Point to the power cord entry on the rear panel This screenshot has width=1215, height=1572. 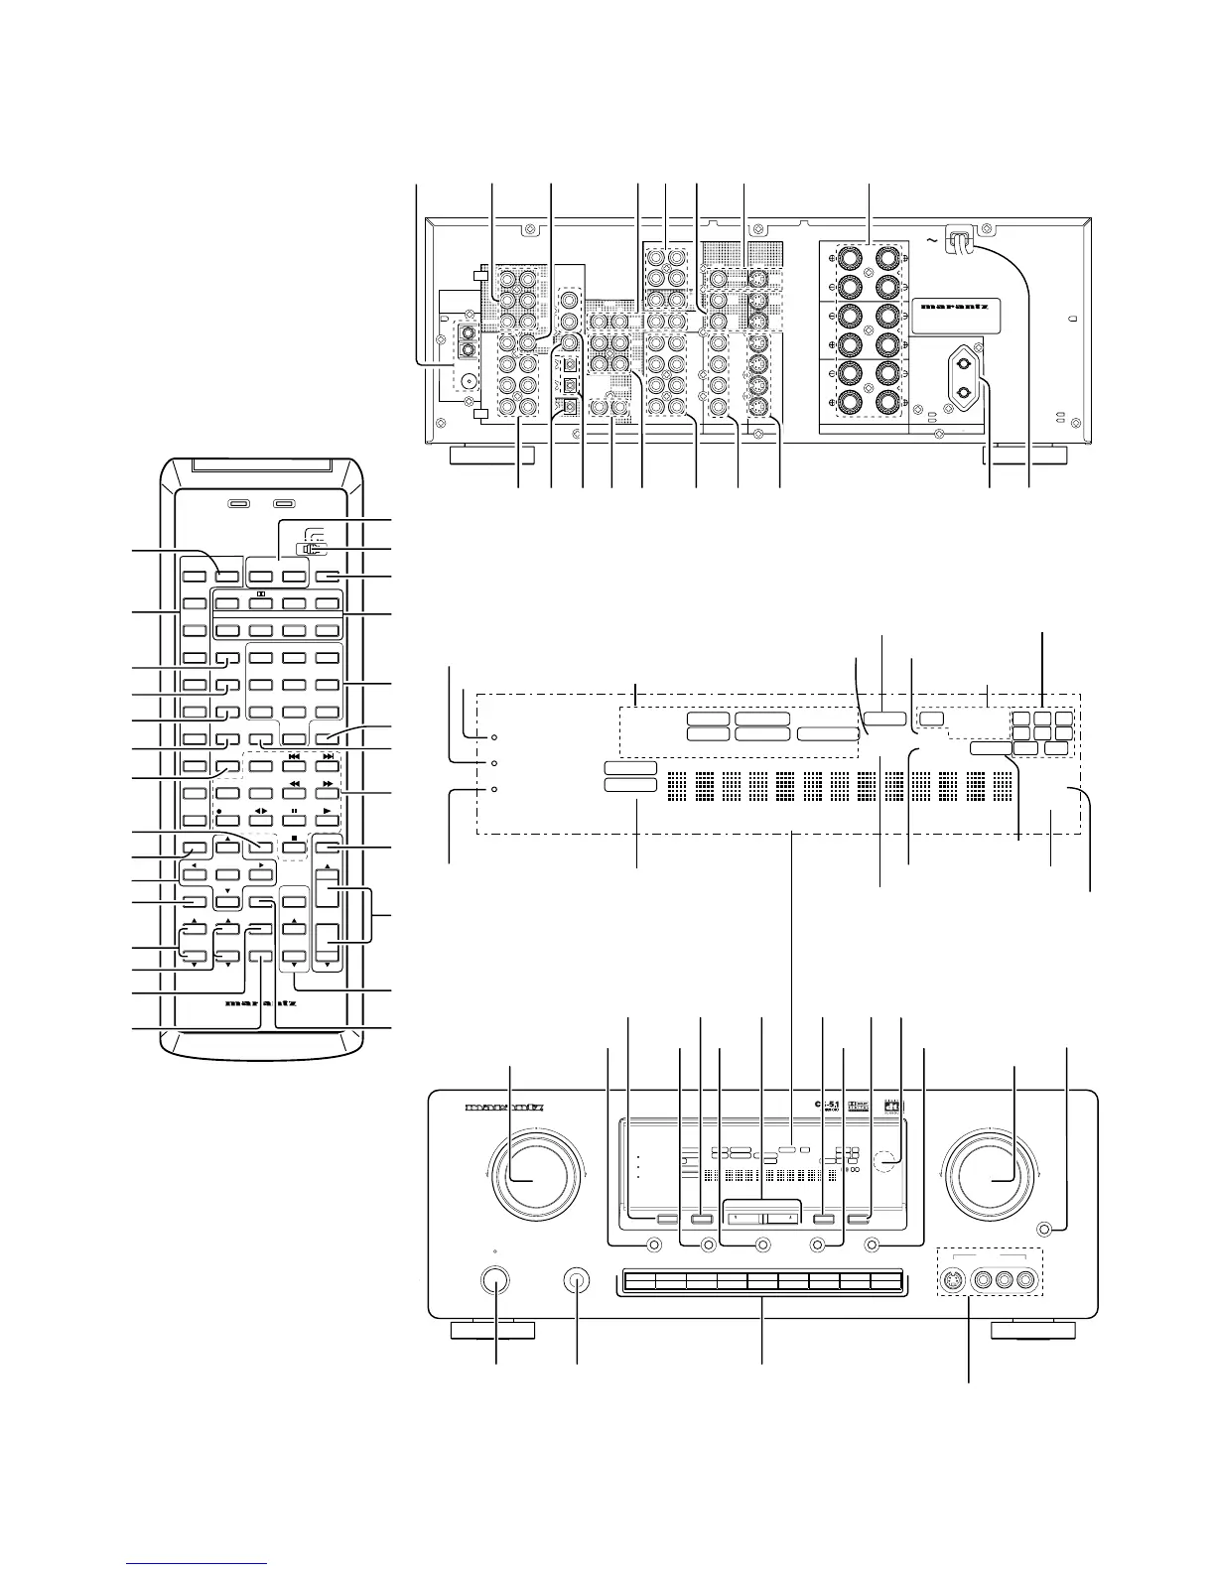coord(960,238)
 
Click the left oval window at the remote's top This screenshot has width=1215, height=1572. coord(236,504)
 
